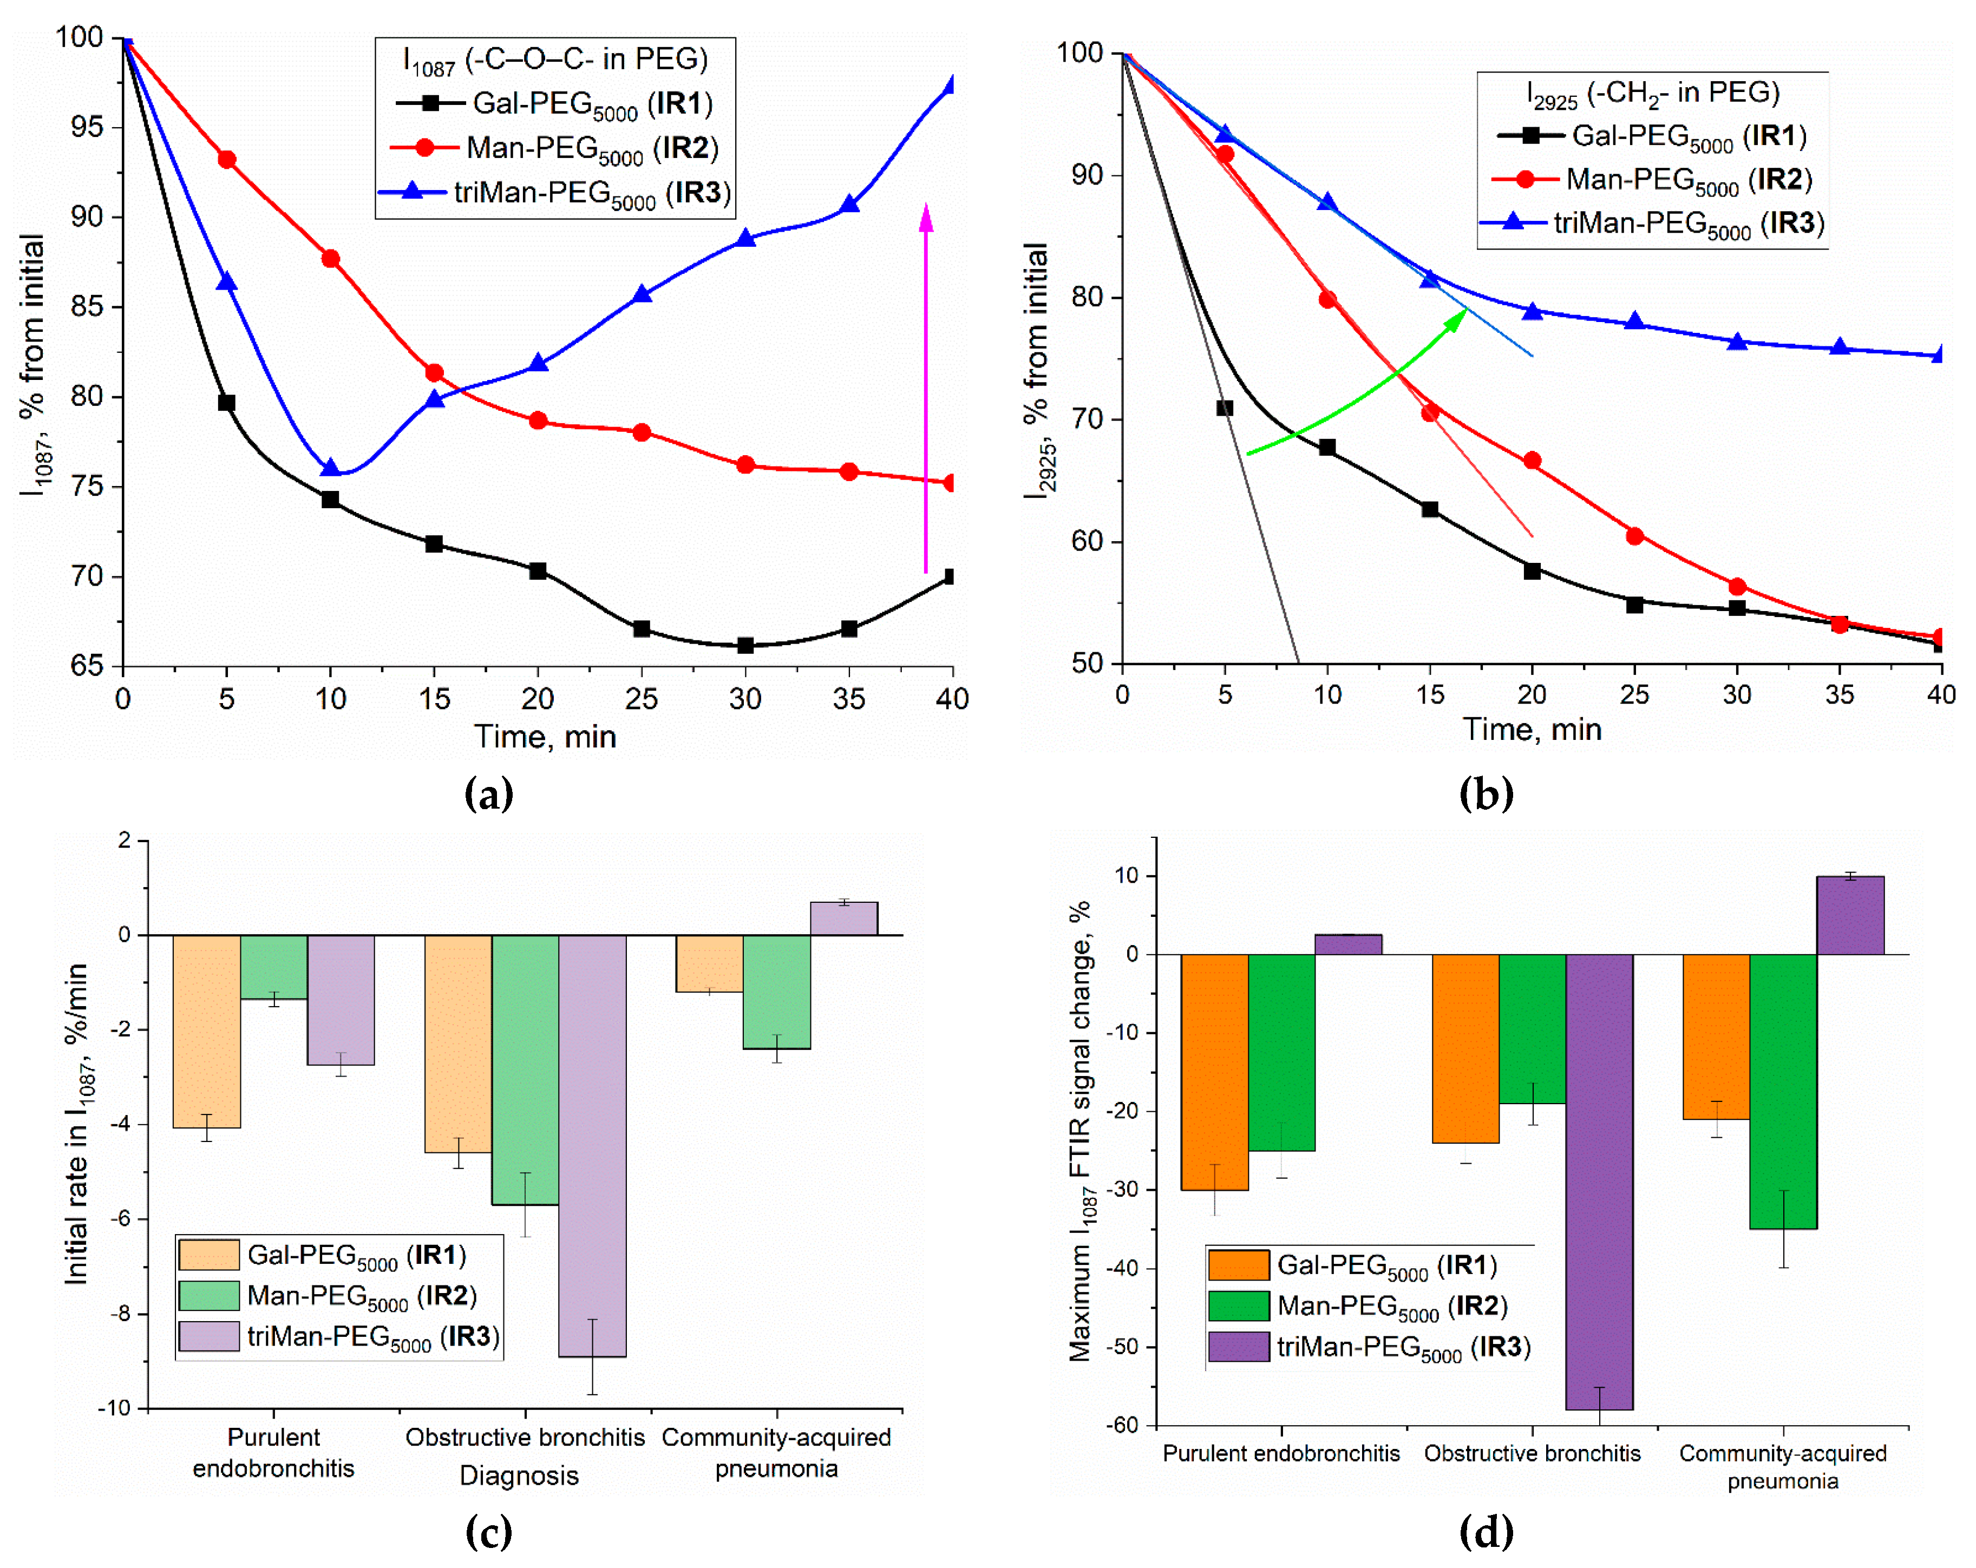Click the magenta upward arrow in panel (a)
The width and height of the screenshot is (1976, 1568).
[926, 385]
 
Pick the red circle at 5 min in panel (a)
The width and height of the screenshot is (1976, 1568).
[226, 160]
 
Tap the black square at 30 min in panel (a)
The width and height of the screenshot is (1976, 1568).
[745, 645]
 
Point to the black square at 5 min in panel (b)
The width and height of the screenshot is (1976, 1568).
[1225, 408]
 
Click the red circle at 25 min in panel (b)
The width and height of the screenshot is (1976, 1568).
[1634, 535]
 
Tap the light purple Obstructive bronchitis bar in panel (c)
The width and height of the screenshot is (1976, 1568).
[592, 1145]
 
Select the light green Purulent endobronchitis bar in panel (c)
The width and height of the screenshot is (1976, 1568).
[273, 966]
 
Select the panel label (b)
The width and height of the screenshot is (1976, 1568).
[1486, 793]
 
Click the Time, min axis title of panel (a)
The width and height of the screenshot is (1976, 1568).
[545, 736]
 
